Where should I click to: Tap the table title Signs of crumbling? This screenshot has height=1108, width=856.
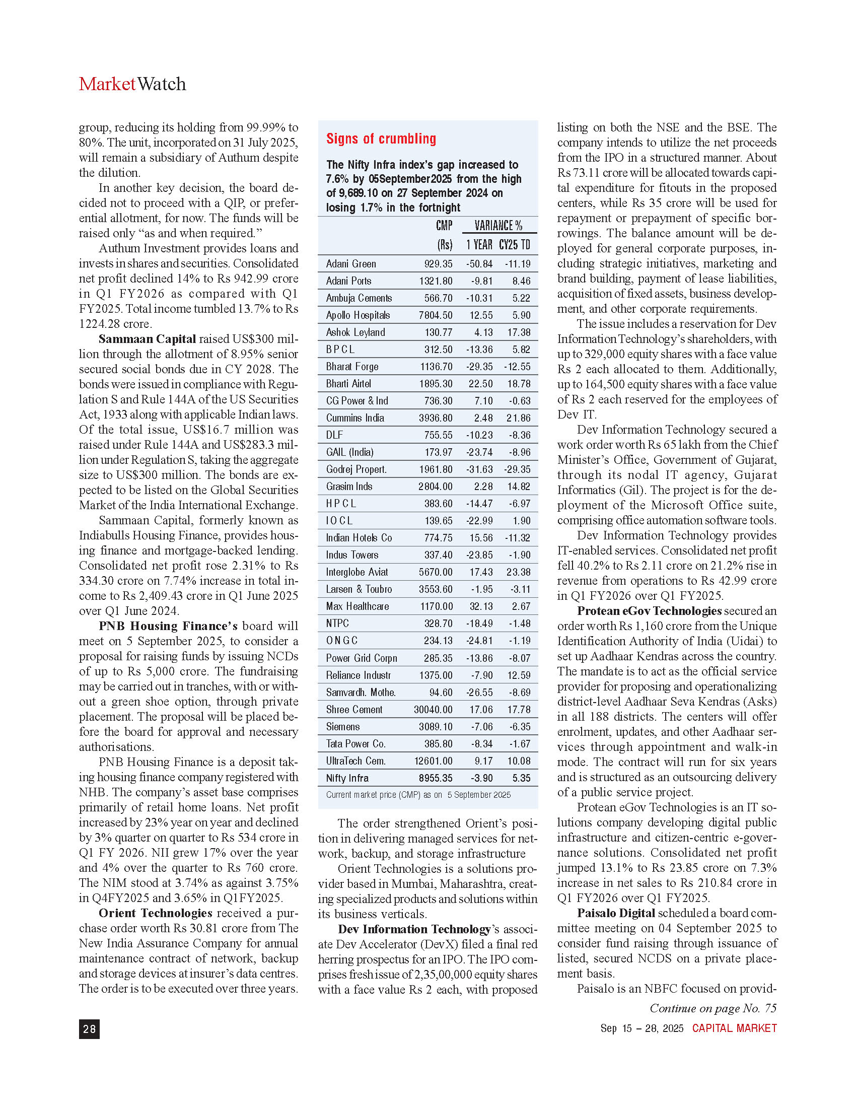381,139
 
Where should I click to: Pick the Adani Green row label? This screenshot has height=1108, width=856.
351,264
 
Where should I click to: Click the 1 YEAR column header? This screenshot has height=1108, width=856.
479,245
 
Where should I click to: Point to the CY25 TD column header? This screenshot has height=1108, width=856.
515,245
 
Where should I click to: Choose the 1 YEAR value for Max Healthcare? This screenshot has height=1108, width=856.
481,606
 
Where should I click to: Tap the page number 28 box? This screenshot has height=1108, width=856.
89,1029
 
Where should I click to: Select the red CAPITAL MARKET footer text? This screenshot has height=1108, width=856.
734,1028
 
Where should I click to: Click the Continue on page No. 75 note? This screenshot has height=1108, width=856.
713,1008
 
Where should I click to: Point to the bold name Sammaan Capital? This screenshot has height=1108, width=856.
147,339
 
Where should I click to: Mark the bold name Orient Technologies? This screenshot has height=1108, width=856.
155,913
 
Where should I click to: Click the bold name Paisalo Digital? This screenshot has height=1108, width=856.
616,913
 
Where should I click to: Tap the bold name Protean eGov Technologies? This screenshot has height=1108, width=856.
649,611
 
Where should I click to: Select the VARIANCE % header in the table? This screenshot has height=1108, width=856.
498,226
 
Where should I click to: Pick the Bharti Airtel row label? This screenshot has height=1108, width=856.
348,384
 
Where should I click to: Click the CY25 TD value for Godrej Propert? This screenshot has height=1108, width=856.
517,469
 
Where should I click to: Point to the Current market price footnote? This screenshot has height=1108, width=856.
418,794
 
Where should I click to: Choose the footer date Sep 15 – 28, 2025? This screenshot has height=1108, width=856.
642,1028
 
